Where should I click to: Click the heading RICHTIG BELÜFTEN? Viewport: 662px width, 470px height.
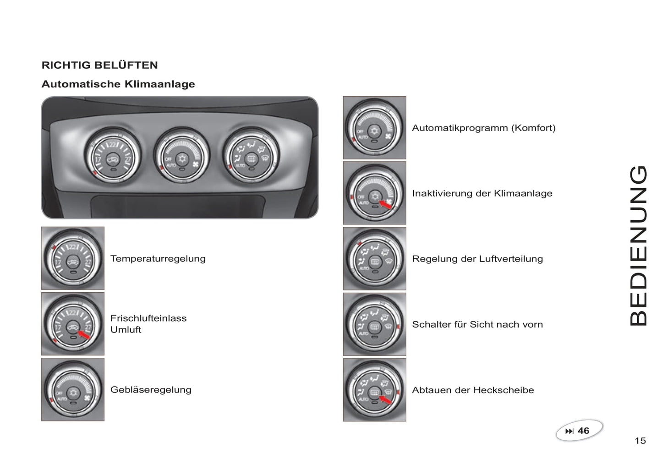coord(99,65)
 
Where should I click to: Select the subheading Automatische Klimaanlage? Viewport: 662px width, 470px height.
coord(118,84)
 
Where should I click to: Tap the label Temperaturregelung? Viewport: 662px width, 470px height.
coord(158,259)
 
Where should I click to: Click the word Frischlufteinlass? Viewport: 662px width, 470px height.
coord(148,318)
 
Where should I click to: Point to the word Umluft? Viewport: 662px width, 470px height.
coord(126,329)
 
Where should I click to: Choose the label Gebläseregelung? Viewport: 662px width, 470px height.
coord(151,389)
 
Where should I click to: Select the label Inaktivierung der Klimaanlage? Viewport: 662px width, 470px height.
coord(482,193)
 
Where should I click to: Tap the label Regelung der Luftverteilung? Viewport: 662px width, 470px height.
coord(477,259)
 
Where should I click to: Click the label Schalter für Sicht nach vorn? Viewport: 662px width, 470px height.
coord(477,324)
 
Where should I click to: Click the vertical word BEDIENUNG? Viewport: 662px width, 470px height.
coord(638,246)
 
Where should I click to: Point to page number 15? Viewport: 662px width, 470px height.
coord(640,441)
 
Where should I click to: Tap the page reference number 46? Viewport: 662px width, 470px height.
coord(583,431)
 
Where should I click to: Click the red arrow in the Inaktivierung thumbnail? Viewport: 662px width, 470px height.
coord(385,204)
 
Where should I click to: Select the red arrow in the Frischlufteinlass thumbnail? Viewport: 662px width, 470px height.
coord(83,334)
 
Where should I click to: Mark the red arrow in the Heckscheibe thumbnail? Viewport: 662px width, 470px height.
coord(385,399)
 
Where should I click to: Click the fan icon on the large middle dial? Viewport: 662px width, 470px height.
coord(196,164)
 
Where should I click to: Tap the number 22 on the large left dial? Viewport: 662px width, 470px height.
coord(113,145)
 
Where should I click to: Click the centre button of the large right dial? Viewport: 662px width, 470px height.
coord(252,159)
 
